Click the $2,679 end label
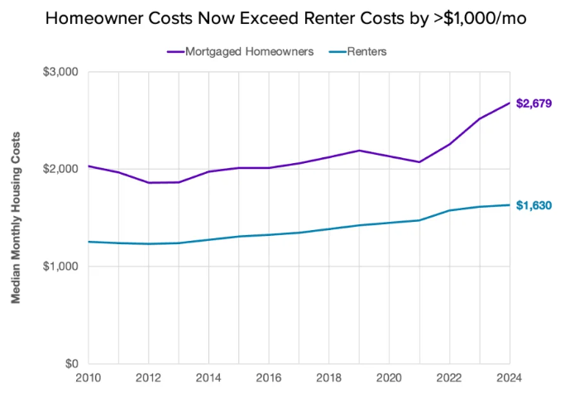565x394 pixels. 534,103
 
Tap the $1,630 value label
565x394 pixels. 534,205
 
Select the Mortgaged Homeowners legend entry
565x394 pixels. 240,51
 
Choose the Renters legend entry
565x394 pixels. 358,51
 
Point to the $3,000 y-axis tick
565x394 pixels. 60,72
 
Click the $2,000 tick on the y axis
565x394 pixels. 60,169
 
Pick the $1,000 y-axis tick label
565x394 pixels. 60,266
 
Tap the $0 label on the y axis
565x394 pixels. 72,363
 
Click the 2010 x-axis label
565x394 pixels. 89,377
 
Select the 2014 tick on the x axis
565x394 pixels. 208,377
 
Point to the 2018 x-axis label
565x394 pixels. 329,377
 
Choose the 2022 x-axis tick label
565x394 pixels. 449,377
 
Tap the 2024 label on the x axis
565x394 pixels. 509,377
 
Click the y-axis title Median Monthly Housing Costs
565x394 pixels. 16,218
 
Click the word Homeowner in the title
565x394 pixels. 95,18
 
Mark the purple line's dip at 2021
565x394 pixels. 419,162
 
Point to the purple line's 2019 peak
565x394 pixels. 359,151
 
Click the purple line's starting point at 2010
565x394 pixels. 89,166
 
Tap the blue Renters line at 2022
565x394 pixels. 450,210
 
